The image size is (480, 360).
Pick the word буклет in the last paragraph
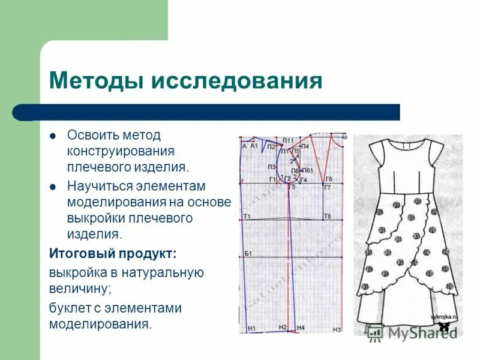point(68,308)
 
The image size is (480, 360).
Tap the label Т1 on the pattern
point(247,216)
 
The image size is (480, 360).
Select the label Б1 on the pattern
point(247,254)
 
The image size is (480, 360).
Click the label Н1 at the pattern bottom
point(251,328)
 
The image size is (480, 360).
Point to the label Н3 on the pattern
point(337,329)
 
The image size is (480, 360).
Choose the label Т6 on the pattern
point(327,216)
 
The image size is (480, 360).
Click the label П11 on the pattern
point(288,140)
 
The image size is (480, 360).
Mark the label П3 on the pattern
point(272,166)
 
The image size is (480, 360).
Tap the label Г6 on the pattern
point(328,179)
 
